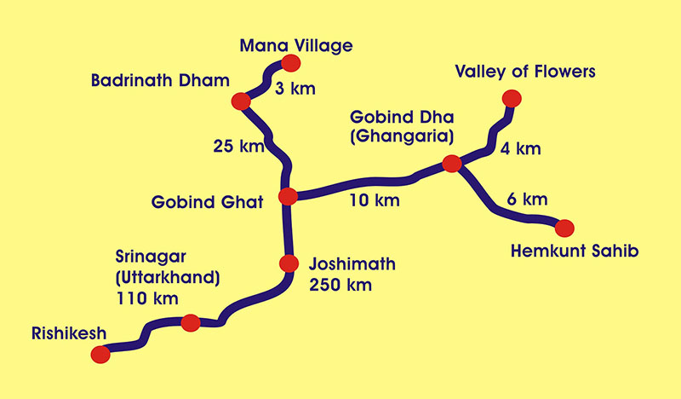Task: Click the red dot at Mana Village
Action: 291,62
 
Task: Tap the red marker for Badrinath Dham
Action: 240,101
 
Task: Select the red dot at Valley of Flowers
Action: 511,97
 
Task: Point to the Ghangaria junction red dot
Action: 452,164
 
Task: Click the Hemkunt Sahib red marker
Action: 564,227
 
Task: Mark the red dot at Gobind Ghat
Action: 288,197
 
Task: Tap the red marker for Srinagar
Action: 191,322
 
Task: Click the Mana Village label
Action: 295,44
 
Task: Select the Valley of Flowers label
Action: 525,71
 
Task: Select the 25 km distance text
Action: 238,147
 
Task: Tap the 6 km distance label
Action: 522,200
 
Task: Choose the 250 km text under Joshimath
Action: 341,285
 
